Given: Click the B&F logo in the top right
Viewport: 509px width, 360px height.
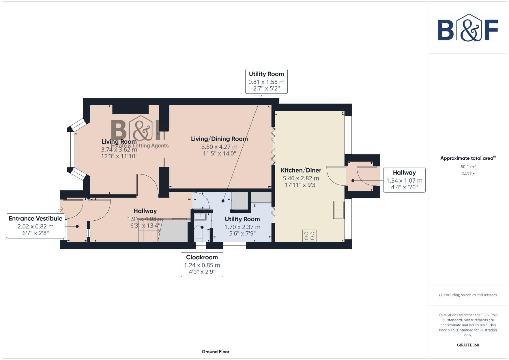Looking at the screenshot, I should point(468,28).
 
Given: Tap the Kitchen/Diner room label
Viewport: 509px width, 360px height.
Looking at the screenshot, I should point(301,170).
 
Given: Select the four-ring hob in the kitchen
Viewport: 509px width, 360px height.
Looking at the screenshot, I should point(309,236).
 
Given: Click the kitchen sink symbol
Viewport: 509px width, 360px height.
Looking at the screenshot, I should point(339,210).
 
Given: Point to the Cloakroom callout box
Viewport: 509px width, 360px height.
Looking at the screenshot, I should point(202,265).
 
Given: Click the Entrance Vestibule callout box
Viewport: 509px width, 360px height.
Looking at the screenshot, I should point(35,226).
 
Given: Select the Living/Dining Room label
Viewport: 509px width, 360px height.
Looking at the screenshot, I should point(219,139).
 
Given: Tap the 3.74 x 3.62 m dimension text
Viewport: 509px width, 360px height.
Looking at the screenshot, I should point(119,149).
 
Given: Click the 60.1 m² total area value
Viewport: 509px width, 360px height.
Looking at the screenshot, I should point(468,167).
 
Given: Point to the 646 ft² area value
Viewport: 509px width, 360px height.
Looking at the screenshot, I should point(468,174).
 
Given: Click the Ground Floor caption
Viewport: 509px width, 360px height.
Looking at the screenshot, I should point(215,351).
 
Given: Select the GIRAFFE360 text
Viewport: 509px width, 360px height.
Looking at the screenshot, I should point(468,345).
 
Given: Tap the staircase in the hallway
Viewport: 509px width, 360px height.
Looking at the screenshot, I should point(148,232).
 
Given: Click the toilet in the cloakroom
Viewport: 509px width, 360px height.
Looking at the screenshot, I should point(199,232).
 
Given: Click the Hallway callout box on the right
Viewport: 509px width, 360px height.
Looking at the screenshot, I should point(404,180).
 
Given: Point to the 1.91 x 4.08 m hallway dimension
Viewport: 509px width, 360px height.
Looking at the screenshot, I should point(145,219).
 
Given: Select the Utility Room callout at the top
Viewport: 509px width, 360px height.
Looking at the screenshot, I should point(266,81).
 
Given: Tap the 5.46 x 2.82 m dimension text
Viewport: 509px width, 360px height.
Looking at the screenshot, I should point(301,178).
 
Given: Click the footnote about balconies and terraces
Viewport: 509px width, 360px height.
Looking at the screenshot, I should point(468,295).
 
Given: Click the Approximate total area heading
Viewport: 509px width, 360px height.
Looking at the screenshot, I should point(468,158).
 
